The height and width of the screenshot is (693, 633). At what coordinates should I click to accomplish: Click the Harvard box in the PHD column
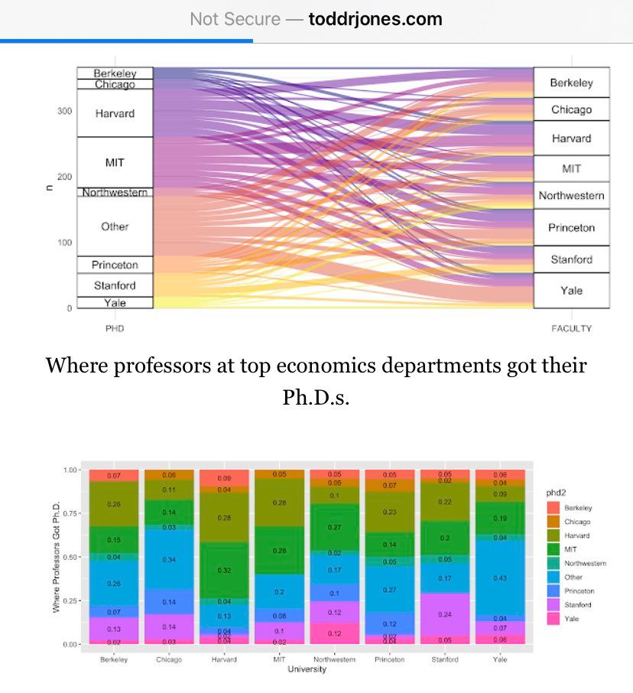click(115, 113)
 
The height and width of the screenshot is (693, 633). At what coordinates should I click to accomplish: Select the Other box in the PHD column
click(115, 226)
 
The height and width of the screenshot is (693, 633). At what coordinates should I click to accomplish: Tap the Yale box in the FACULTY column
click(571, 291)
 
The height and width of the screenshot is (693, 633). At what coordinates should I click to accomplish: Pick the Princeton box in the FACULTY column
click(571, 228)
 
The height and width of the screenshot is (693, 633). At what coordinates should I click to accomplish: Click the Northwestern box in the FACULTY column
click(571, 196)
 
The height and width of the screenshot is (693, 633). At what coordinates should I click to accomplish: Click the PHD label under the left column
click(115, 329)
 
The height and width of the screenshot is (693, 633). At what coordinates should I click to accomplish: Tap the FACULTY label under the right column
click(571, 329)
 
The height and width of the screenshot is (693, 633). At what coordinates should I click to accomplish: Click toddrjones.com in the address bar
click(375, 19)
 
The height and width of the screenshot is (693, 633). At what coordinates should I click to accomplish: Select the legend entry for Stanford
click(578, 604)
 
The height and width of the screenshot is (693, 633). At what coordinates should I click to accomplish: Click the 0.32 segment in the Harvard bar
click(224, 570)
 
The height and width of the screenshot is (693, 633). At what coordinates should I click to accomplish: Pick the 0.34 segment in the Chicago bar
click(169, 559)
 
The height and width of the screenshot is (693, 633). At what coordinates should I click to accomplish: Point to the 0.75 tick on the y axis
click(73, 513)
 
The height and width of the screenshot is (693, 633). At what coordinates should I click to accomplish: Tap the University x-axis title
click(306, 670)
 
